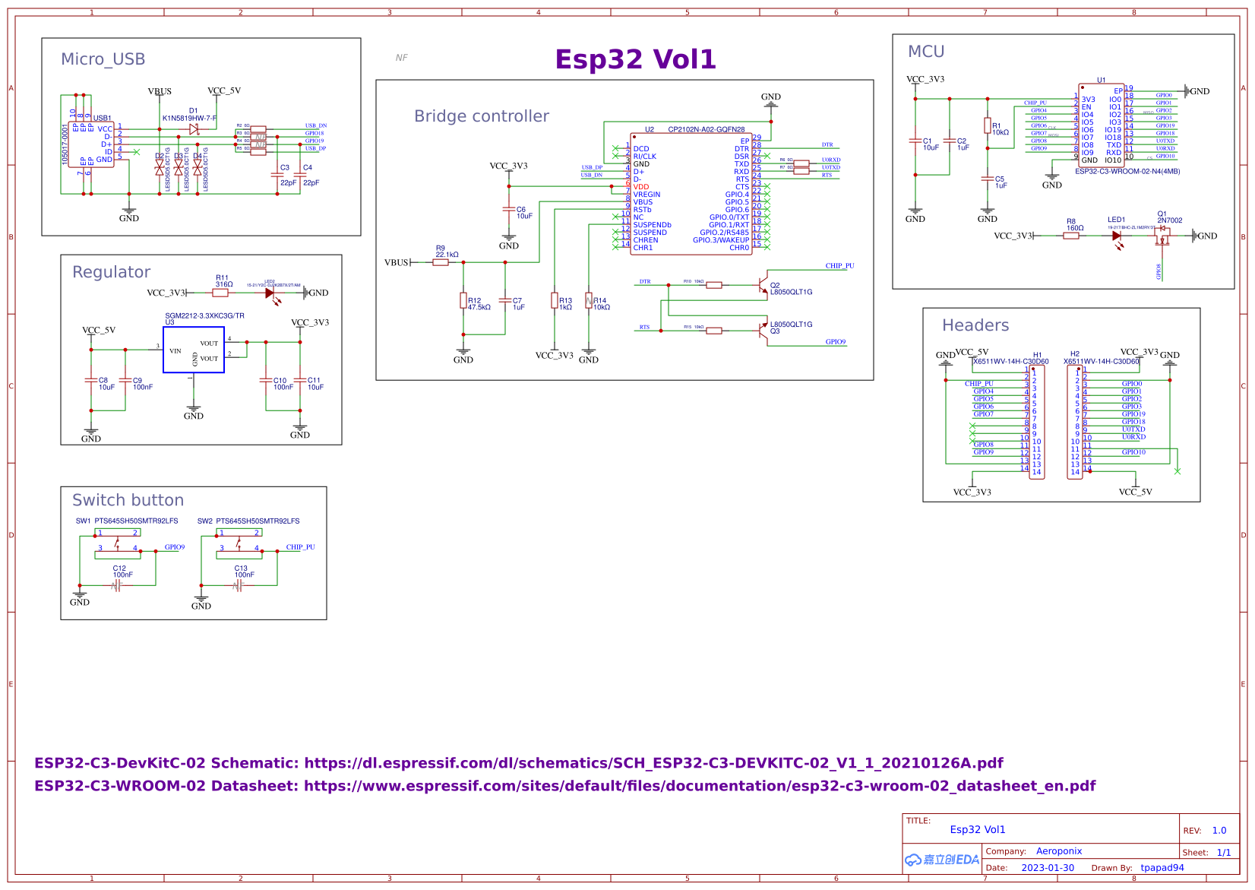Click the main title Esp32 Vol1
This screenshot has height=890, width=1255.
click(x=635, y=59)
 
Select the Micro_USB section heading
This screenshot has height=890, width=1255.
click(x=103, y=59)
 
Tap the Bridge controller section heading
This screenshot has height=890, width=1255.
click(x=481, y=116)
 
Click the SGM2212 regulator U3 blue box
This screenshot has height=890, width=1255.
click(x=194, y=350)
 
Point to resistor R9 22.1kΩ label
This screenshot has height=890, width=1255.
click(x=447, y=252)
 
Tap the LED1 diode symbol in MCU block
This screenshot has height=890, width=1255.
click(x=1116, y=236)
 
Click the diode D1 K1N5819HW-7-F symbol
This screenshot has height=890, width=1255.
click(x=194, y=129)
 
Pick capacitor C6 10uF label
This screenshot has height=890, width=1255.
click(x=524, y=213)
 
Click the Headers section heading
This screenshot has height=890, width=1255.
click(x=975, y=325)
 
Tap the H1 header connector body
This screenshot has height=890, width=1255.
click(x=1036, y=422)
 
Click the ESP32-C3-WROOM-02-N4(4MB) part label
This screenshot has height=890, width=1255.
click(x=1127, y=172)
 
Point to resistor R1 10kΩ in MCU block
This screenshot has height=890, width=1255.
click(x=987, y=126)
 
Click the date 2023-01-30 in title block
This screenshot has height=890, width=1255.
click(x=1048, y=868)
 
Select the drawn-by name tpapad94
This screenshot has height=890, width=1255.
click(x=1162, y=868)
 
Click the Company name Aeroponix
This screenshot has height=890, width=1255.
click(x=1058, y=851)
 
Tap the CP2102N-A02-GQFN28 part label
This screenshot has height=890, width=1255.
click(x=706, y=130)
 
